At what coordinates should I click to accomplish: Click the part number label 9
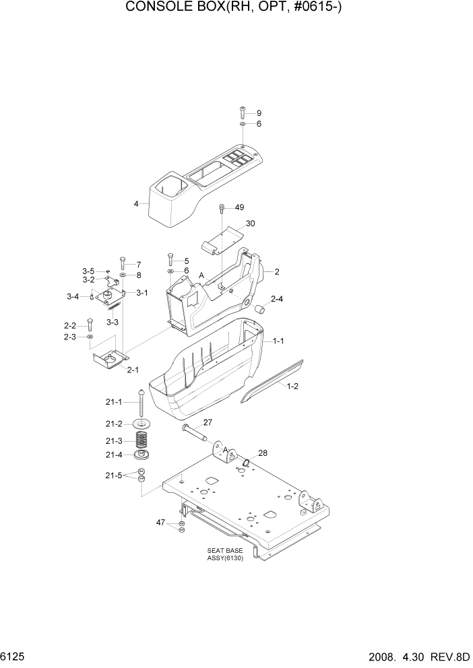259,113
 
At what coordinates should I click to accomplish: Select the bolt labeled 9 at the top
243,112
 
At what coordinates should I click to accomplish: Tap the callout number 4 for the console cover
136,203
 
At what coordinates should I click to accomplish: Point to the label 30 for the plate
251,223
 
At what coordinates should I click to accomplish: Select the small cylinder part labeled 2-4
258,309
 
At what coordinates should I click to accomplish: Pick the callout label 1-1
278,341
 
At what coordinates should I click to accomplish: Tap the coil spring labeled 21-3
142,441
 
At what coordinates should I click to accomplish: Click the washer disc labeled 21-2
142,424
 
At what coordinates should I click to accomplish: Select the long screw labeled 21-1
142,404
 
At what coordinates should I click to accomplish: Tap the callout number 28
263,453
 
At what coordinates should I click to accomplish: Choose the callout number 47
161,522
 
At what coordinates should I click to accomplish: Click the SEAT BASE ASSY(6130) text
225,555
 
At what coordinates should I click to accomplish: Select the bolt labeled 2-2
89,325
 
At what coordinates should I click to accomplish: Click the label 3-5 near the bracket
88,271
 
